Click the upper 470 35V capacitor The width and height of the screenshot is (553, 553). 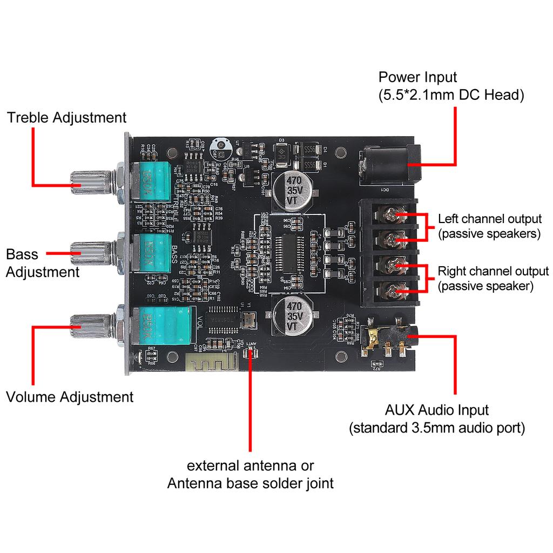[292, 190]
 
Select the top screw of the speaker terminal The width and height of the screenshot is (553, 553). [393, 215]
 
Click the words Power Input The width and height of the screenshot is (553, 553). [417, 77]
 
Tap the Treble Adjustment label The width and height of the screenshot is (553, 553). [66, 118]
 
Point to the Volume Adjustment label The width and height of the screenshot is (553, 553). [69, 397]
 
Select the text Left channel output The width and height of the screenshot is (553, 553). [489, 219]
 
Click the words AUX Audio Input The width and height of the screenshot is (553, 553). [436, 409]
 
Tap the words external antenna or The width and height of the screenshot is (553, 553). [250, 466]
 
